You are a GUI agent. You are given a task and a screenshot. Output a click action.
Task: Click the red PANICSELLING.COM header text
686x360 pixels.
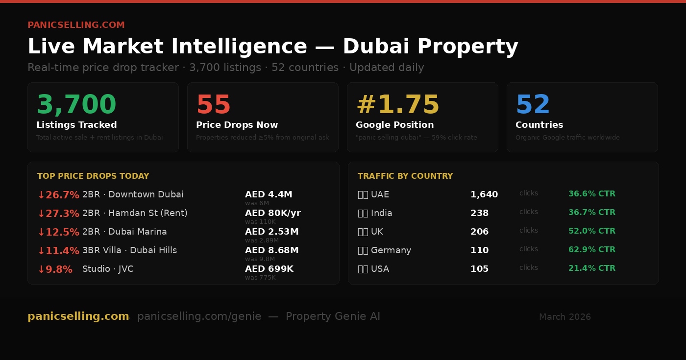point(76,25)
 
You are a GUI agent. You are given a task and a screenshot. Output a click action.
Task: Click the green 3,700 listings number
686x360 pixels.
point(76,105)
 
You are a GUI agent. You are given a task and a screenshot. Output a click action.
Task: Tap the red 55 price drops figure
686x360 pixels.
point(213,105)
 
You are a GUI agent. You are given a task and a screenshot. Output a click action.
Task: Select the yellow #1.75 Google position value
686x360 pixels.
point(397,105)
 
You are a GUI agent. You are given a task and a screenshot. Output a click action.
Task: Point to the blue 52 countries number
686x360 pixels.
point(533,105)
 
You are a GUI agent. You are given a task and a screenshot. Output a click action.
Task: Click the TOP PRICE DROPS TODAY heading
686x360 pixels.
point(93,176)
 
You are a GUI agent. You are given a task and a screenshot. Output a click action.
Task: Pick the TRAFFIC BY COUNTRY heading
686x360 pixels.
point(405,176)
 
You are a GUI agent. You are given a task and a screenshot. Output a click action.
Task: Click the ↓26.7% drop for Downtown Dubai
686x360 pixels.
point(58,195)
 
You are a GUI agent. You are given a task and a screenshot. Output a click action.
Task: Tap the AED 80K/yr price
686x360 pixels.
point(272,213)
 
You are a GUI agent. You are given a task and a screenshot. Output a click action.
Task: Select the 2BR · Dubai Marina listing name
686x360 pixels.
point(124,232)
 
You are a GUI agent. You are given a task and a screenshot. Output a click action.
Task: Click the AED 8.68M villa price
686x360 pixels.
point(271,250)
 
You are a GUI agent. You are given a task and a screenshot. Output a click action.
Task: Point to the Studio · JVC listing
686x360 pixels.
point(108,269)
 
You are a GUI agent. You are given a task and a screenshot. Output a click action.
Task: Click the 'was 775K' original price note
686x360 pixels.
point(260,278)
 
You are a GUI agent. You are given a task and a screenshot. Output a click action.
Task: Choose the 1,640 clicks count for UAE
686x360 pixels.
point(484,194)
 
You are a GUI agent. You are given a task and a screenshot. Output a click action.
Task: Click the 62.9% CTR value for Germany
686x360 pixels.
point(591,250)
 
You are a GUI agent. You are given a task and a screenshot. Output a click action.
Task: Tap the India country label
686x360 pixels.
point(381,213)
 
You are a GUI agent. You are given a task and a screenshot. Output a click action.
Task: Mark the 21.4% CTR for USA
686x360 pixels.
point(591,268)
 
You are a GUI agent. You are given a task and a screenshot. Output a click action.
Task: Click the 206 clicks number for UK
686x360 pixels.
point(479,232)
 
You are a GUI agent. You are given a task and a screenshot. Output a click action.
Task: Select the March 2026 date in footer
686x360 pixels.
point(564,317)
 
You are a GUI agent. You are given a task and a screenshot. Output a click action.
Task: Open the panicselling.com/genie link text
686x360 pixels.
point(199,316)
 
